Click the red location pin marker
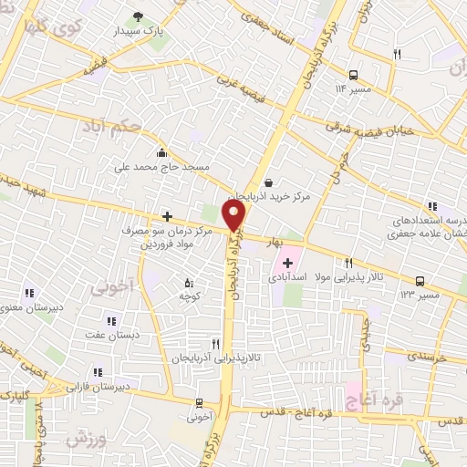tap(235, 215)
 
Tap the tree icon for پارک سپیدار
tap(139, 16)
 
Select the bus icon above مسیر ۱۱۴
tap(353, 75)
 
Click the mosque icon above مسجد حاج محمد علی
tap(161, 152)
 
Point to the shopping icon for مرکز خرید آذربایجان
tap(268, 182)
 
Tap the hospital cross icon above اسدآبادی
tap(288, 262)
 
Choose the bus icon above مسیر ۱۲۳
tap(420, 281)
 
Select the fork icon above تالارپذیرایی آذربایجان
tap(215, 344)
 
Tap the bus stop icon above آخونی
tap(199, 403)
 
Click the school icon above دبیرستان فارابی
tap(98, 372)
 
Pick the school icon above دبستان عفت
tap(111, 321)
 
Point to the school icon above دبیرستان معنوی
tap(29, 294)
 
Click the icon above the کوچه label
tap(189, 283)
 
